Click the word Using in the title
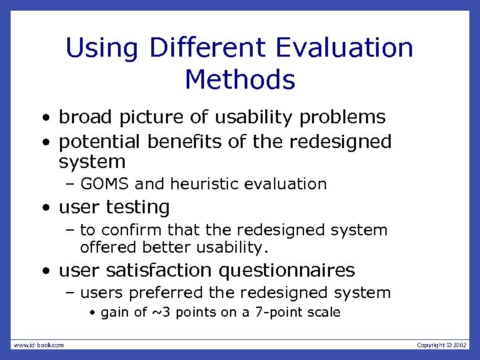point(102,49)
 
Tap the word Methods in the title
point(240,80)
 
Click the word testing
point(140,207)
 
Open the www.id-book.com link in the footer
point(39,345)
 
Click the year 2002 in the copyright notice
point(460,345)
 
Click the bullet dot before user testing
point(44,208)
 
